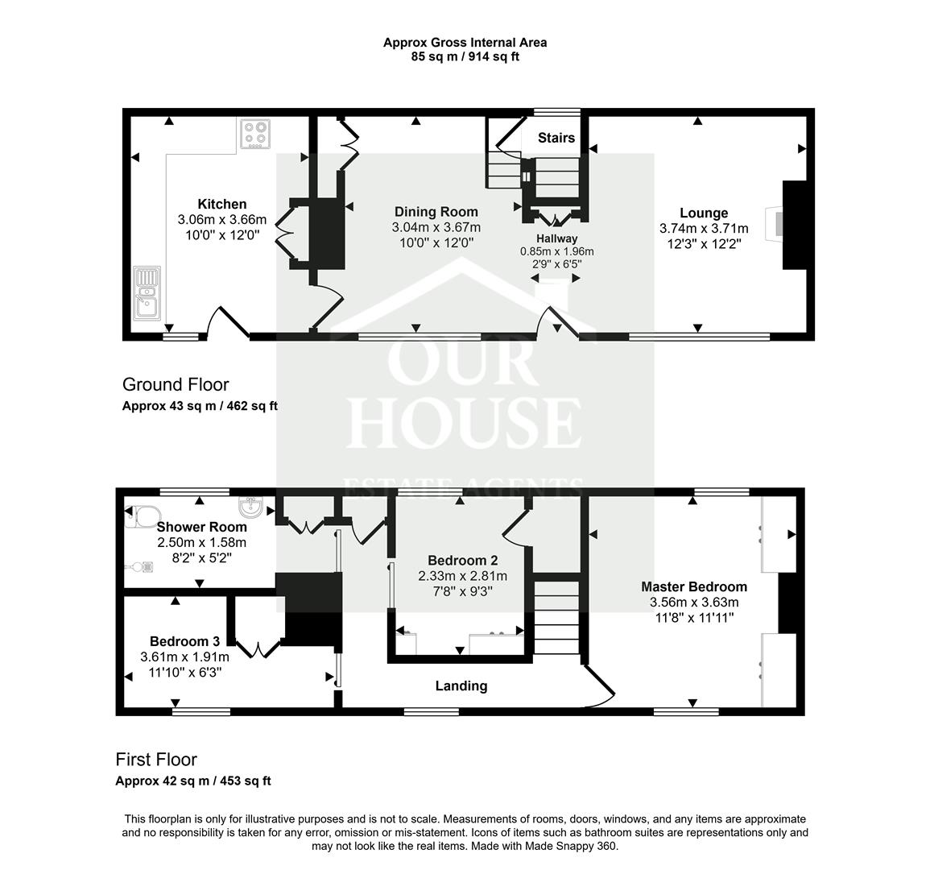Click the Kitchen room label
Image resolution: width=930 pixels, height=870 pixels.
pos(222,205)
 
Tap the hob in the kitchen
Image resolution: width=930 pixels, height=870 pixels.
pos(256,135)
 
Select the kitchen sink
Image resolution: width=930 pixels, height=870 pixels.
pos(148,294)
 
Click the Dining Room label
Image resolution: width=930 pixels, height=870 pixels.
pos(436,213)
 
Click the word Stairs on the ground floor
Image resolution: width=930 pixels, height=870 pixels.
pos(556,138)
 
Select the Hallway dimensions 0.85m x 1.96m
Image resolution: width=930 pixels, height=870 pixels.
pos(556,251)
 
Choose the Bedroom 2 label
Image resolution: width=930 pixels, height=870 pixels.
pos(462,561)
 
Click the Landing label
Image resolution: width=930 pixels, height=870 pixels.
pos(461,686)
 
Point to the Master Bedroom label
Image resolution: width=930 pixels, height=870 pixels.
pos(693,586)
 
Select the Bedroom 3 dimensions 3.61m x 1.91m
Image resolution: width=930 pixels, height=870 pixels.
pos(184,657)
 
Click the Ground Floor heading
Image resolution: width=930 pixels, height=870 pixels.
pos(176,385)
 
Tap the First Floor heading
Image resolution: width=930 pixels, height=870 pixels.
pos(156,760)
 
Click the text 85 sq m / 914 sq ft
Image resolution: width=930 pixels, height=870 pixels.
pos(465,57)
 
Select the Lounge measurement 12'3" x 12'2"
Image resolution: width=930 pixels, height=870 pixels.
pos(703,242)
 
